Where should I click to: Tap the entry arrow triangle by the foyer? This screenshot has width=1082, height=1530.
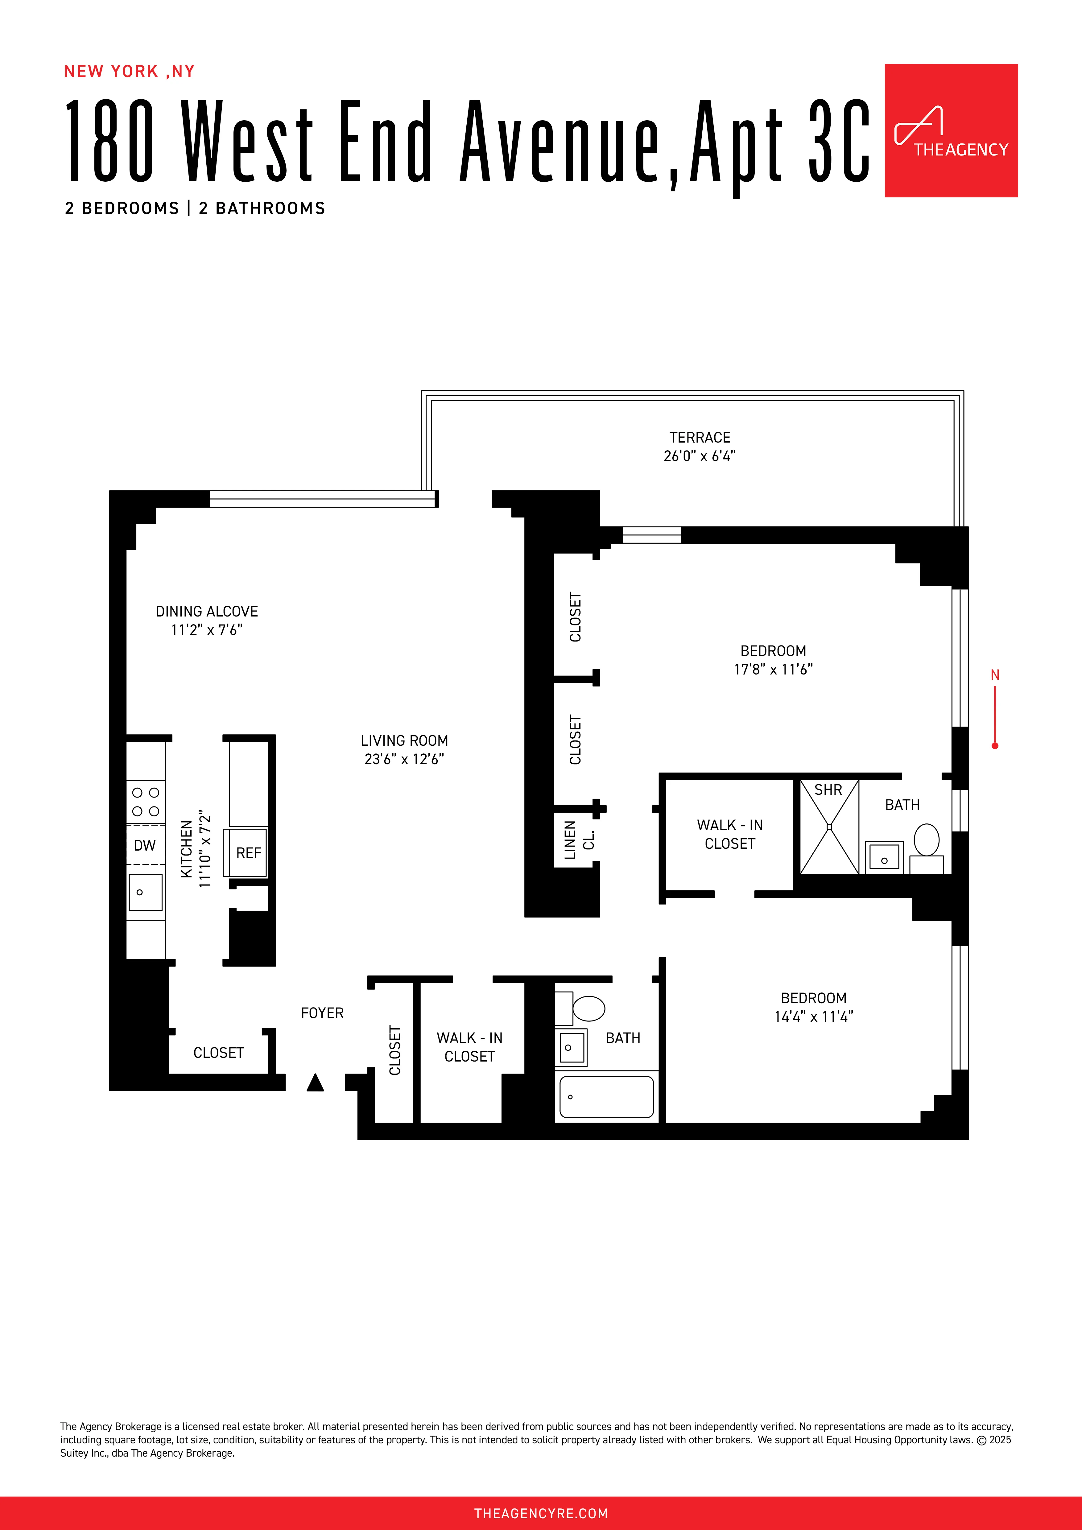(315, 1083)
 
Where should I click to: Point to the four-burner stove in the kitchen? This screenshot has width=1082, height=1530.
(145, 802)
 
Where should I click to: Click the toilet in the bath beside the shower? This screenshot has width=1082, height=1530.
(926, 839)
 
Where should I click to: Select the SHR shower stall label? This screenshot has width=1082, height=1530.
(828, 790)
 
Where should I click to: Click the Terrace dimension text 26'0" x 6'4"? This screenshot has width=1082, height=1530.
(700, 456)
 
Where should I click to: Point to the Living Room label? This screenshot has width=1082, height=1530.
(404, 741)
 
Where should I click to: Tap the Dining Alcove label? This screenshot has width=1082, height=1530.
(207, 612)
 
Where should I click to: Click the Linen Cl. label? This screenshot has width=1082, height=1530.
(578, 839)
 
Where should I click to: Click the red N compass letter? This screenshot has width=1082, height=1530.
(995, 675)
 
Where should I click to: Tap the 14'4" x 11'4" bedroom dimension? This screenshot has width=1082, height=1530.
(813, 1017)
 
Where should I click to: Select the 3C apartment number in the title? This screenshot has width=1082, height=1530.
(838, 141)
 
